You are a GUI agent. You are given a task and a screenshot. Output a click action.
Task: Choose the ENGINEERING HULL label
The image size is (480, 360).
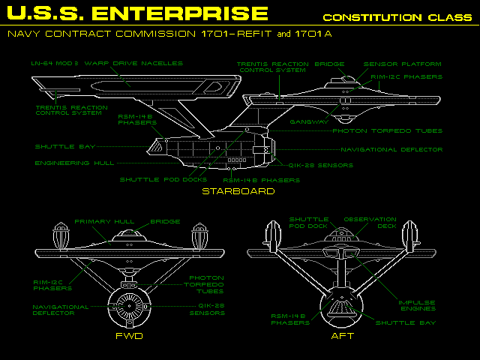click(63, 163)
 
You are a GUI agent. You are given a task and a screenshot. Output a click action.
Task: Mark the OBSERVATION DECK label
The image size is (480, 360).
click(370, 223)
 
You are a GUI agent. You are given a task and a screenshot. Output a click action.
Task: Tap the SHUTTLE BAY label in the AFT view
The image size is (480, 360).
click(405, 322)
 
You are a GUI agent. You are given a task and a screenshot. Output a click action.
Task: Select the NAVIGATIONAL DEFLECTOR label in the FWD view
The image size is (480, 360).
click(61, 310)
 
